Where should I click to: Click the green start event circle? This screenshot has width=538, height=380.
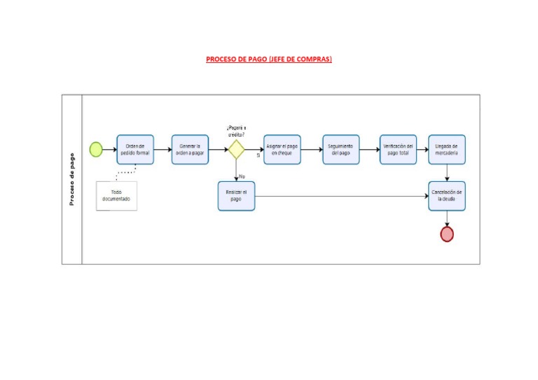click(x=96, y=149)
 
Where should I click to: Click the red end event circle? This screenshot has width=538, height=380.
click(x=447, y=234)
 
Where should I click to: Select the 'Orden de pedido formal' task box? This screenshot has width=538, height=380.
click(x=134, y=149)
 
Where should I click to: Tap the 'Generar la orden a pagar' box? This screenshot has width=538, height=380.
click(x=190, y=149)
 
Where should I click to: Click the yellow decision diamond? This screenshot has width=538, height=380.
click(x=236, y=149)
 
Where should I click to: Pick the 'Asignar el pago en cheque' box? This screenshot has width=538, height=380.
click(x=282, y=149)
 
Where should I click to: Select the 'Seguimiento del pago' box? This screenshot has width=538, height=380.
click(x=340, y=149)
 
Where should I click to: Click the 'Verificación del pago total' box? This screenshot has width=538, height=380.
click(x=398, y=149)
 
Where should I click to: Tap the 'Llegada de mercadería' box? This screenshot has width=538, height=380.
click(x=447, y=149)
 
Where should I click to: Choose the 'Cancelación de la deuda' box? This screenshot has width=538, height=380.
click(x=447, y=195)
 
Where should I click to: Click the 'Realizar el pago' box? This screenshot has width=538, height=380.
click(x=236, y=195)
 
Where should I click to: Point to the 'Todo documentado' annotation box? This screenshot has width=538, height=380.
click(x=116, y=195)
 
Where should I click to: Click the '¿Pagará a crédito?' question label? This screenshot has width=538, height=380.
click(x=236, y=131)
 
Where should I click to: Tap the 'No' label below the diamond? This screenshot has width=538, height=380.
click(x=242, y=176)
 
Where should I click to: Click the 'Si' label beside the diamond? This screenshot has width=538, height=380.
click(x=258, y=155)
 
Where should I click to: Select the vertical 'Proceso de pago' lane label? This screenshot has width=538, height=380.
click(x=72, y=179)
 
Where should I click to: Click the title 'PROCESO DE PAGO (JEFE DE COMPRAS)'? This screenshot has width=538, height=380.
click(x=269, y=59)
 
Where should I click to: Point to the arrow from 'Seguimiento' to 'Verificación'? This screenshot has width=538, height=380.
click(x=369, y=149)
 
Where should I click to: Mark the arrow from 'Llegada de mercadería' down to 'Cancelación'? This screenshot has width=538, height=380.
click(x=447, y=173)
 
